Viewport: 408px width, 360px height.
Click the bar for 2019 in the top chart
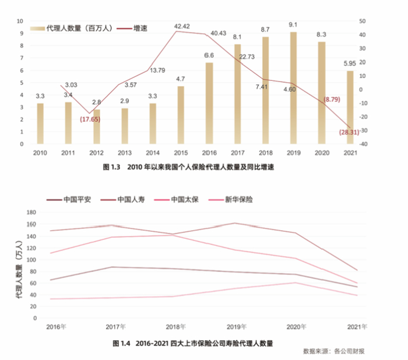point(293,87)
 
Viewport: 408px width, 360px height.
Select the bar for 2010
point(40,123)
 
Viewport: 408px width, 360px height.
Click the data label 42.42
point(182,26)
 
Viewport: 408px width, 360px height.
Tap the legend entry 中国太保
point(182,199)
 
